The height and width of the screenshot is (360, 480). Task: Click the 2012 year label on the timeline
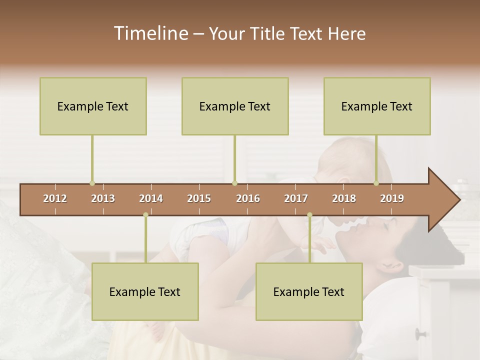55,198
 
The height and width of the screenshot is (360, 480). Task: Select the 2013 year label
103,198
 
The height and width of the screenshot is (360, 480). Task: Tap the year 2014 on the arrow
151,198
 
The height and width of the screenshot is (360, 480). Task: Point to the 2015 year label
199,198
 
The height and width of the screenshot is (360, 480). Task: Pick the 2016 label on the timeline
248,198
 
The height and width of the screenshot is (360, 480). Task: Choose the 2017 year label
296,198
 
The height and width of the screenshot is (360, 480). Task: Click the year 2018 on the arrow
344,198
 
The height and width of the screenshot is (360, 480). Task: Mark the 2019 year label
392,198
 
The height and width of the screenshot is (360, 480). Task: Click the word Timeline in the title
149,33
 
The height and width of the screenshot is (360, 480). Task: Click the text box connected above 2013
93,106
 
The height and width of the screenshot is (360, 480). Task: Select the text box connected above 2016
235,106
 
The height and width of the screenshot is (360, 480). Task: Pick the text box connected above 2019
377,106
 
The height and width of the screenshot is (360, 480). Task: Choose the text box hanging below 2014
145,291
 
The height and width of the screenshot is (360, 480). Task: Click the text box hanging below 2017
309,291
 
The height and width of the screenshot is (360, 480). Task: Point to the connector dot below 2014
145,215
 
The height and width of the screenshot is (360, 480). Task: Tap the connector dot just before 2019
376,183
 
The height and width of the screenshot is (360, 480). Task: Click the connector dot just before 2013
92,183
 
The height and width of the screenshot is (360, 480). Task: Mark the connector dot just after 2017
309,215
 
